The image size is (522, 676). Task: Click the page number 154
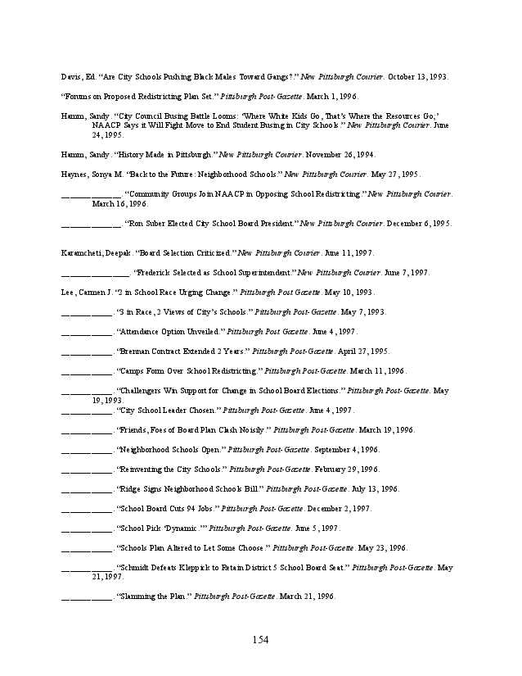click(x=261, y=640)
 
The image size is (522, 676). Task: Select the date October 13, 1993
click(x=416, y=76)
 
